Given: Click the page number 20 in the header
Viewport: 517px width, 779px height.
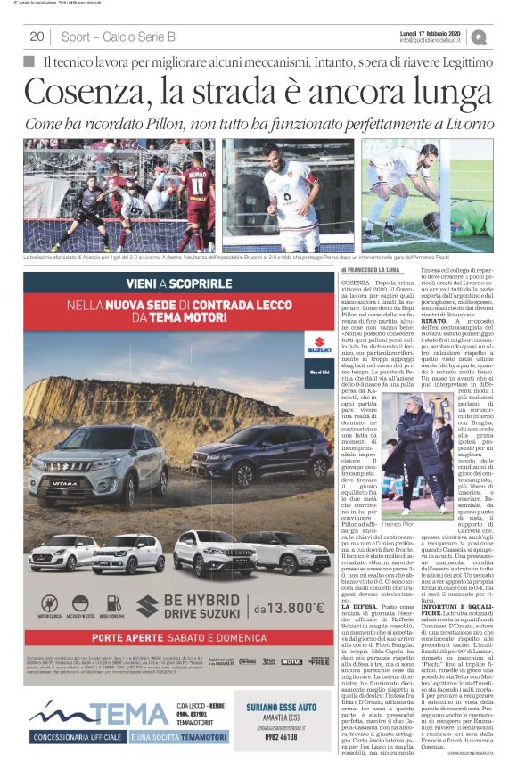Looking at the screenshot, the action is [37, 37].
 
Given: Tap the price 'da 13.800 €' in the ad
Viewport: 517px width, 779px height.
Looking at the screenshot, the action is [291, 608].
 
